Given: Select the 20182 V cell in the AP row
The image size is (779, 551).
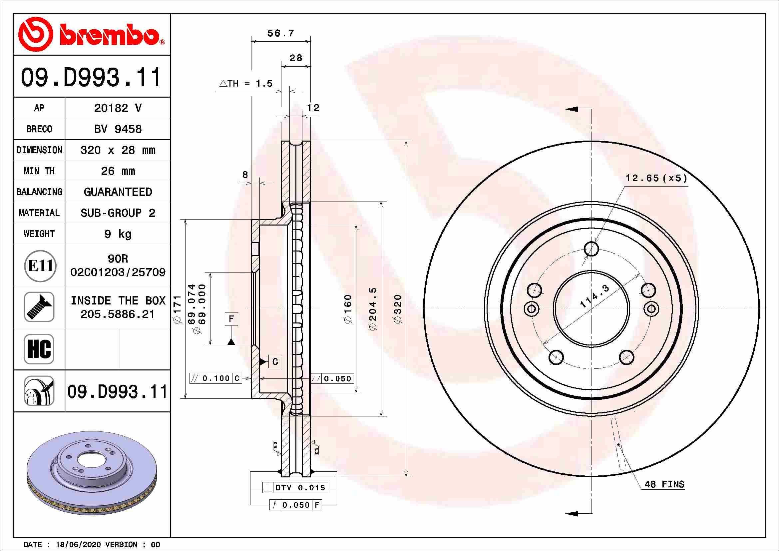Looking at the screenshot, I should coord(118,108).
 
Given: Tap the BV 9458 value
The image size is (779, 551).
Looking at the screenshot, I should coord(118,129).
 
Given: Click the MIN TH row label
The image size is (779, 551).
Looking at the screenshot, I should coord(39,171).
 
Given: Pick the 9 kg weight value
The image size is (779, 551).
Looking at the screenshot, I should coord(118,234).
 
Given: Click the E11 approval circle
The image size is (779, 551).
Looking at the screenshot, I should coord(40,266).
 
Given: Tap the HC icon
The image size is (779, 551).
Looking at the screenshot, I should coord(39,349).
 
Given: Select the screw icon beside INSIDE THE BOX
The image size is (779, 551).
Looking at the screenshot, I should coord(39,307).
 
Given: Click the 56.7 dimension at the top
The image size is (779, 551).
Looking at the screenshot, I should coord(280,33).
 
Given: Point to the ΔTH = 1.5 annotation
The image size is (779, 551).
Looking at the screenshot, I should coord(246,84).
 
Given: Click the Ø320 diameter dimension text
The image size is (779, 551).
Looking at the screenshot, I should coord(398,309).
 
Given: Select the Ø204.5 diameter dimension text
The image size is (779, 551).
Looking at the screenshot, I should coord(373,309).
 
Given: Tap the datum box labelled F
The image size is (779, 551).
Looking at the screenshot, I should coord(231,319).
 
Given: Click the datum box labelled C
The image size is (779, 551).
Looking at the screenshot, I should coord(275,362).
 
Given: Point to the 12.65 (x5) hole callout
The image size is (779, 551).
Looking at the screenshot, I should coord(656,178).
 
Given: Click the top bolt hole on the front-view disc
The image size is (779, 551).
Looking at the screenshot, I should coord(591,249).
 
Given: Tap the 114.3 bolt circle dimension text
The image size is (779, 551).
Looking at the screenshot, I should coord(594,297).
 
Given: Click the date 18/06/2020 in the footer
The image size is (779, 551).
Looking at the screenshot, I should coord(78,545).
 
